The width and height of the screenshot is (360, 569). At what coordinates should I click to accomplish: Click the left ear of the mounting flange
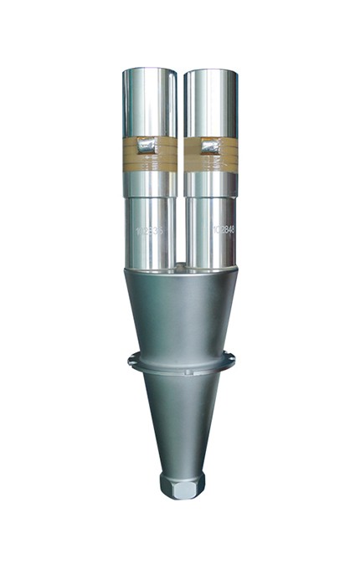pyautogui.click(x=131, y=361)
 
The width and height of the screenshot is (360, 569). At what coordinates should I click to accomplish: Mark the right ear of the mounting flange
pyautogui.click(x=231, y=360)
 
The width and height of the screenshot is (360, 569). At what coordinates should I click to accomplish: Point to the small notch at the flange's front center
pyautogui.click(x=182, y=371)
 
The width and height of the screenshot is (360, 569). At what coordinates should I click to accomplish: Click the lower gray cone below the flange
pyautogui.click(x=181, y=418)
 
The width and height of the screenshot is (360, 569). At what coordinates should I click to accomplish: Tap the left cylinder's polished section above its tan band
pyautogui.click(x=149, y=100)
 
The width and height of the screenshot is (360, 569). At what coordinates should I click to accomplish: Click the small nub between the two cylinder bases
pyautogui.click(x=180, y=266)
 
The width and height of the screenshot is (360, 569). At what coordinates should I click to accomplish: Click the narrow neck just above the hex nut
pyautogui.click(x=182, y=472)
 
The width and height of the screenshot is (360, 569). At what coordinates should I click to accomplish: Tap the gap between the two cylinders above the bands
pyautogui.click(x=180, y=100)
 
